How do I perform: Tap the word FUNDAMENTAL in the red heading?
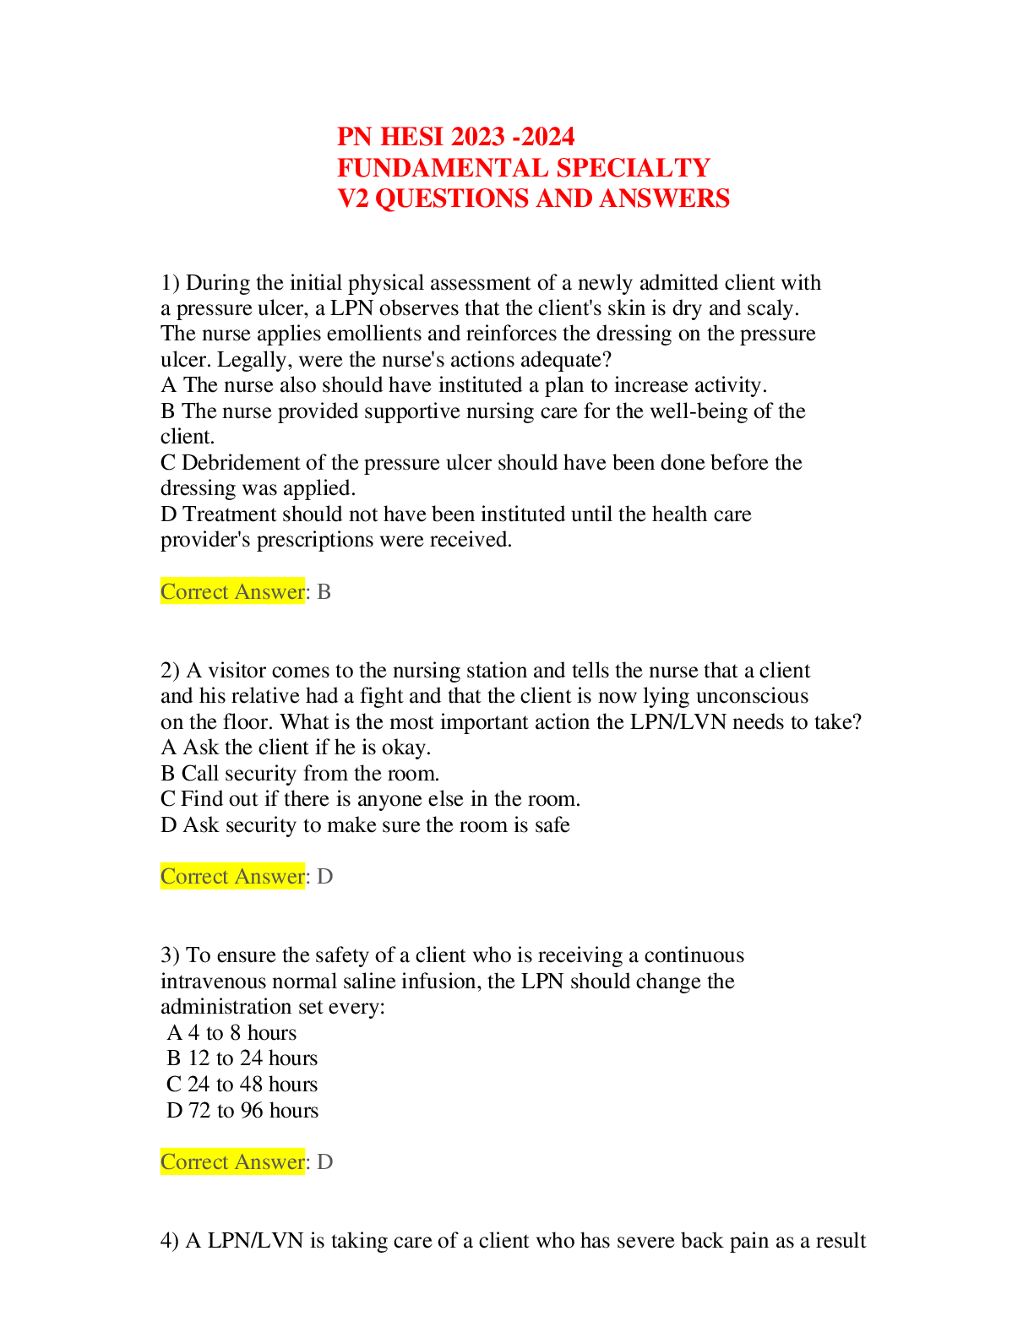click(x=443, y=167)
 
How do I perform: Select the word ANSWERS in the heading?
click(x=665, y=199)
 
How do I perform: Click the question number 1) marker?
click(x=170, y=283)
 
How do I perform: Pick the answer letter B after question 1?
click(x=324, y=592)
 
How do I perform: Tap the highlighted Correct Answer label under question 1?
click(x=233, y=591)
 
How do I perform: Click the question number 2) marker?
click(x=170, y=670)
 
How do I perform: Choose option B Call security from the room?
click(x=300, y=774)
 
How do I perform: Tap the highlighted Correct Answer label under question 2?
click(x=233, y=876)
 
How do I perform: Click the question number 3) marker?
click(x=170, y=955)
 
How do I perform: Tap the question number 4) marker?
click(x=169, y=1240)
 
